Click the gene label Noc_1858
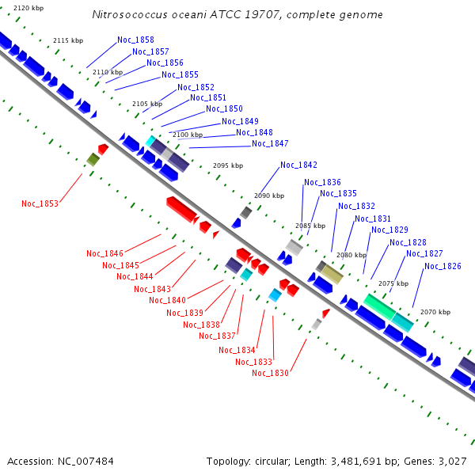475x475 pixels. [135, 40]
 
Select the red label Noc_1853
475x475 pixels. [40, 203]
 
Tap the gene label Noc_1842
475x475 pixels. [298, 165]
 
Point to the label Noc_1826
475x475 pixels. [443, 266]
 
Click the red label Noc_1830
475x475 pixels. [270, 374]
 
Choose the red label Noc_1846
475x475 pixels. [104, 253]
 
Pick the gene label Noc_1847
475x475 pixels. [270, 143]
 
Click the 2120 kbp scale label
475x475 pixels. [28, 7]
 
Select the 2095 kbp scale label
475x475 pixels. [228, 165]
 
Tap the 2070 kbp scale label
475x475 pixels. [435, 313]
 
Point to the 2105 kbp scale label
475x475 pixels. [146, 104]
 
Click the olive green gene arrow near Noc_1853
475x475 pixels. [93, 160]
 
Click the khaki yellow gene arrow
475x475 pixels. [332, 274]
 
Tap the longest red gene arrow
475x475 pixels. [181, 209]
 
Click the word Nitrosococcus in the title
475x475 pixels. [127, 15]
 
